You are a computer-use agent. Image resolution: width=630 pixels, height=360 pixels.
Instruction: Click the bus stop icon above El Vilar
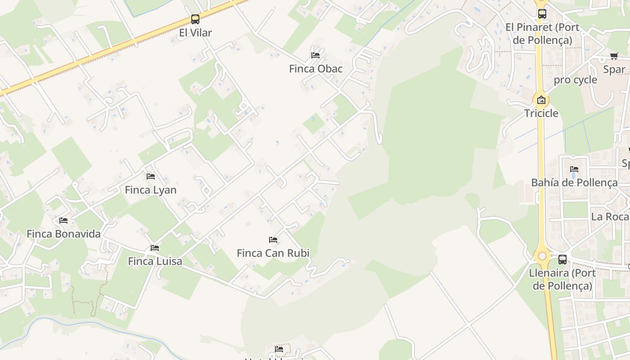coord(195,19)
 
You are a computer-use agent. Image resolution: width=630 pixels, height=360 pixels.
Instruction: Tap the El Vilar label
coord(195,33)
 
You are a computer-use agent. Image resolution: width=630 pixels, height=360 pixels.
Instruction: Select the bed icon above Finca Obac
coord(315,55)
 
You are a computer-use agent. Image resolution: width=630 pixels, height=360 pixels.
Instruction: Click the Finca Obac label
coord(315,69)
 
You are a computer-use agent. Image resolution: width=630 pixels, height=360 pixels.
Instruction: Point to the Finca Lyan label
coord(150,190)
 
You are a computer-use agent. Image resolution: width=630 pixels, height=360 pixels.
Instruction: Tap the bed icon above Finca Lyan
coord(151,176)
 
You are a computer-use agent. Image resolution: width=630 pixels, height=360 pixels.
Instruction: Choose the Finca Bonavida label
coord(63,234)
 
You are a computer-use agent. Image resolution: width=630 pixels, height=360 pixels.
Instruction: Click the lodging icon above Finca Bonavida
coord(63,220)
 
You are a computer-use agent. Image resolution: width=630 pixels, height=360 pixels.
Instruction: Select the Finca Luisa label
coord(155,261)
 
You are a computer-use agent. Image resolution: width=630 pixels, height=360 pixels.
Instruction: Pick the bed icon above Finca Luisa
coord(155,248)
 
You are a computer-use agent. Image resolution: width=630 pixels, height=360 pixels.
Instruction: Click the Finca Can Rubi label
coord(273,253)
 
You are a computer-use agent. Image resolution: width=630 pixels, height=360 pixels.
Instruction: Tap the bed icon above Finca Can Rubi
coord(273,240)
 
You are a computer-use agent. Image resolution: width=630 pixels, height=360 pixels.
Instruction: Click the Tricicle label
coord(541,113)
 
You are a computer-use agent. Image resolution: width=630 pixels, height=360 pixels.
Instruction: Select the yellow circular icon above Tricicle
coord(541,100)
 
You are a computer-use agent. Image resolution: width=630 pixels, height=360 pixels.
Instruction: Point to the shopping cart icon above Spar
coord(614,56)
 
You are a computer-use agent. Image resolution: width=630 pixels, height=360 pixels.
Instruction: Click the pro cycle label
coord(575,80)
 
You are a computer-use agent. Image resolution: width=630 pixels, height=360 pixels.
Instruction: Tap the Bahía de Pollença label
coord(574,183)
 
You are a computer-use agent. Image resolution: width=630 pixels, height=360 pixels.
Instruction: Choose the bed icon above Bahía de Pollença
coord(574,169)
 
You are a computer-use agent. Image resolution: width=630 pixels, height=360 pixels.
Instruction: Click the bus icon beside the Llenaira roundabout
coord(562,259)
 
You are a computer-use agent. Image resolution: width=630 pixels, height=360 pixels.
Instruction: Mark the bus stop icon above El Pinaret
coord(542,14)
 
